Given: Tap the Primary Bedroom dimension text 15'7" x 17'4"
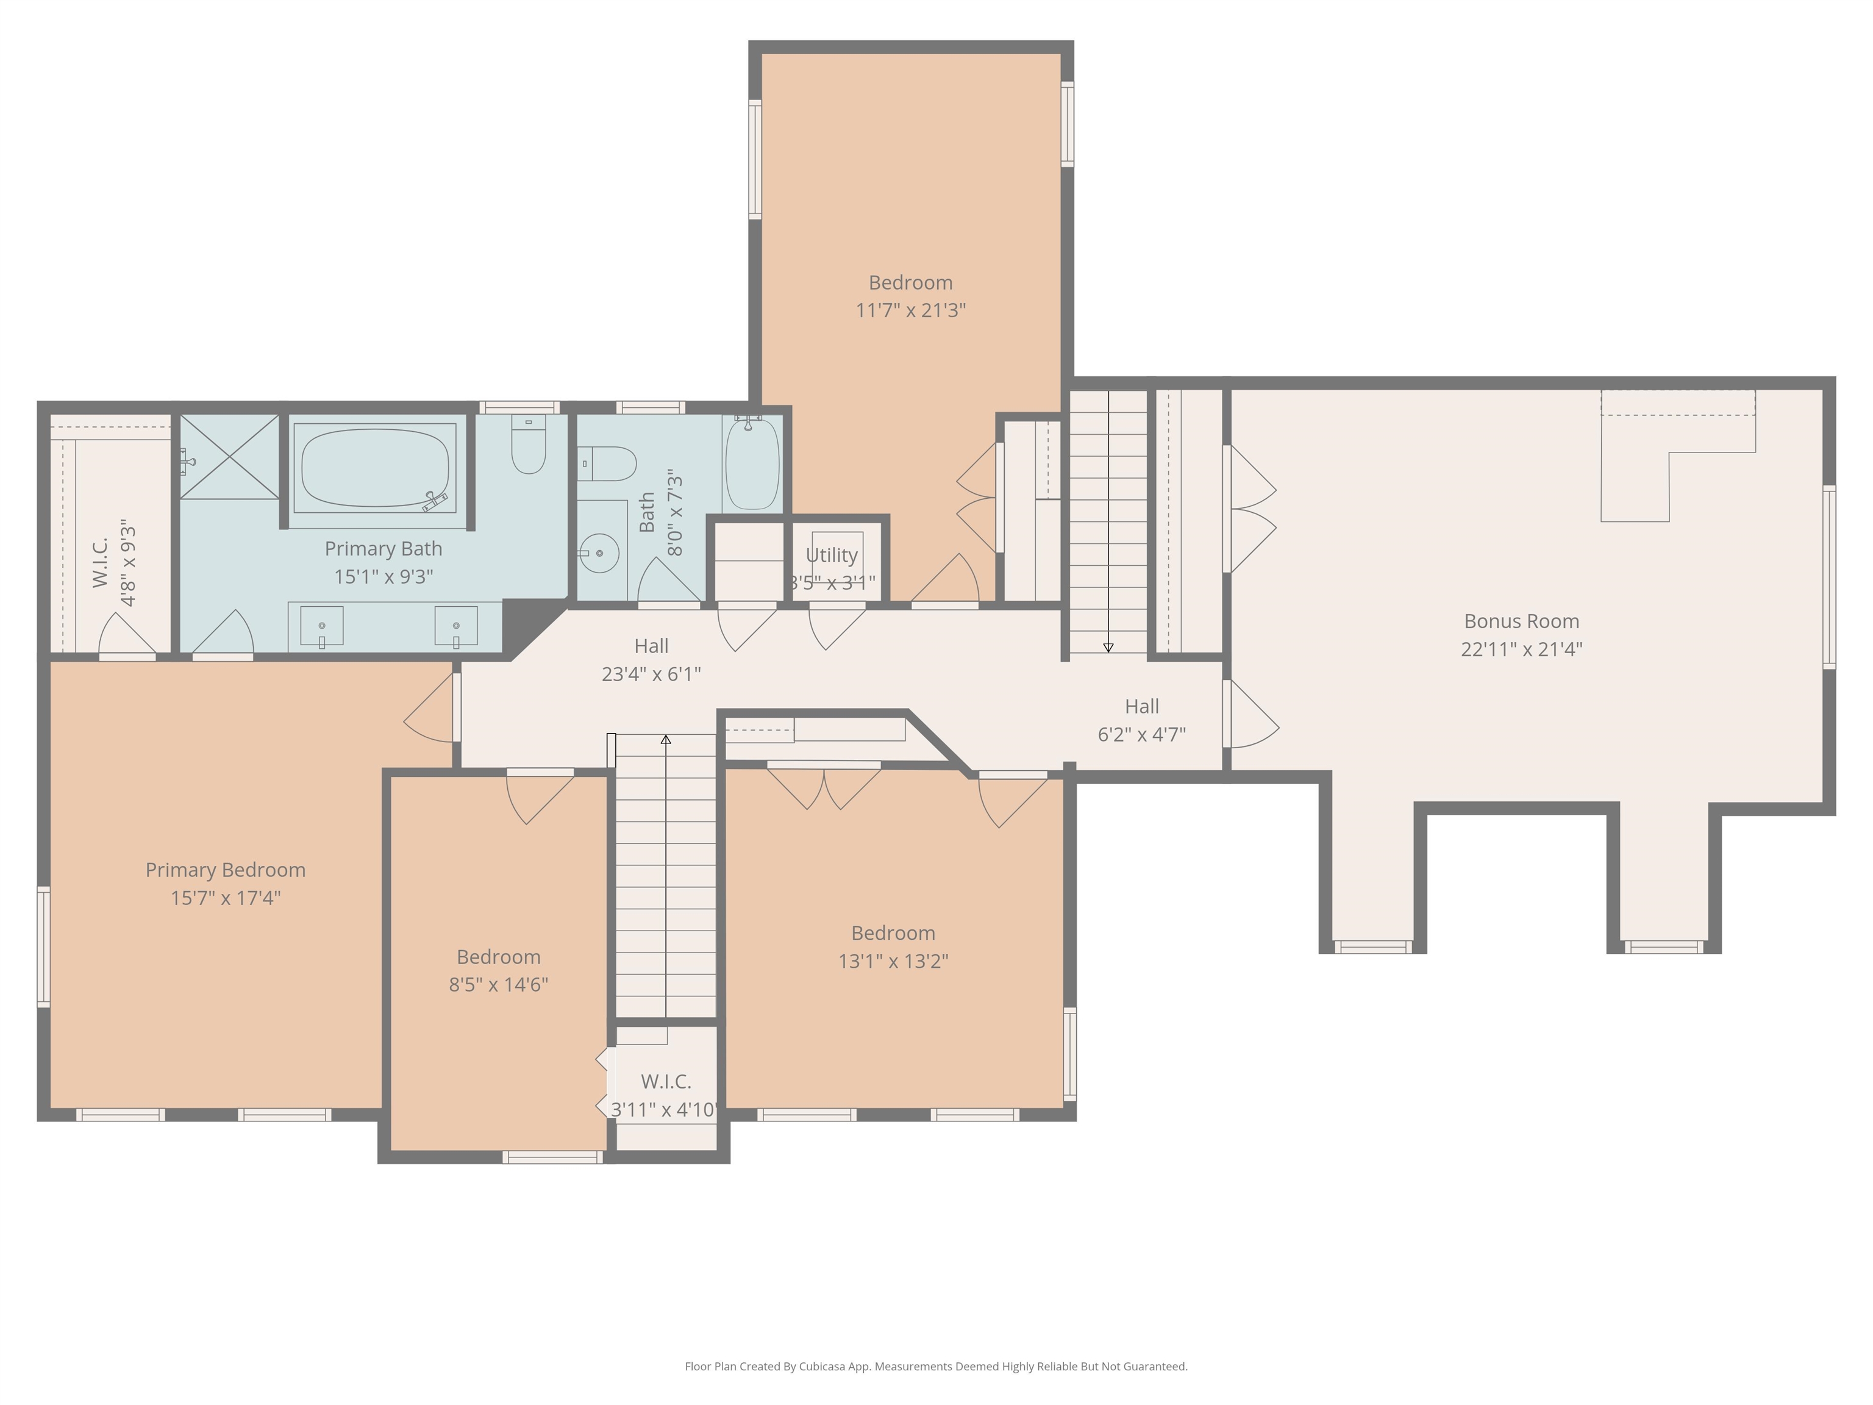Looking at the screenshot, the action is point(225,898).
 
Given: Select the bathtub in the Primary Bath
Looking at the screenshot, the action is point(375,468).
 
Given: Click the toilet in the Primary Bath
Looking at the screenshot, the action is point(529,444).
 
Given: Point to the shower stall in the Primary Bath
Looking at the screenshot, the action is point(229,457).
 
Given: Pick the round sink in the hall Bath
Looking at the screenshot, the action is point(599,553).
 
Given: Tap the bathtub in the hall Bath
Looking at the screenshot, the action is point(752,463).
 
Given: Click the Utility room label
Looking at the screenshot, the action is point(832,555).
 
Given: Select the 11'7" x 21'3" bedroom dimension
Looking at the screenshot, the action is point(910,310).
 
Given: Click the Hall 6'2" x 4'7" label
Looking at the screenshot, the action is point(1141,720).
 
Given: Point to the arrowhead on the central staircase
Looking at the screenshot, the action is point(666,739).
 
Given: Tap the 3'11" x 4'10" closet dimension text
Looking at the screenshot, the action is point(665,1109).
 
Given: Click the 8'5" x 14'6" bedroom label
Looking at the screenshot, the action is point(499,971).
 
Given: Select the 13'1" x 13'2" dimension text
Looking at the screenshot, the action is point(893,961).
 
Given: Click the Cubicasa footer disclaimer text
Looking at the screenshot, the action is point(936,1366).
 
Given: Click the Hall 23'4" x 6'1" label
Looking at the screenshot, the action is point(651,660).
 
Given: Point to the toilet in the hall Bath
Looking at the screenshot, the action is point(607,464).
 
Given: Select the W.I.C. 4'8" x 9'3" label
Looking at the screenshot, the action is point(113,563).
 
